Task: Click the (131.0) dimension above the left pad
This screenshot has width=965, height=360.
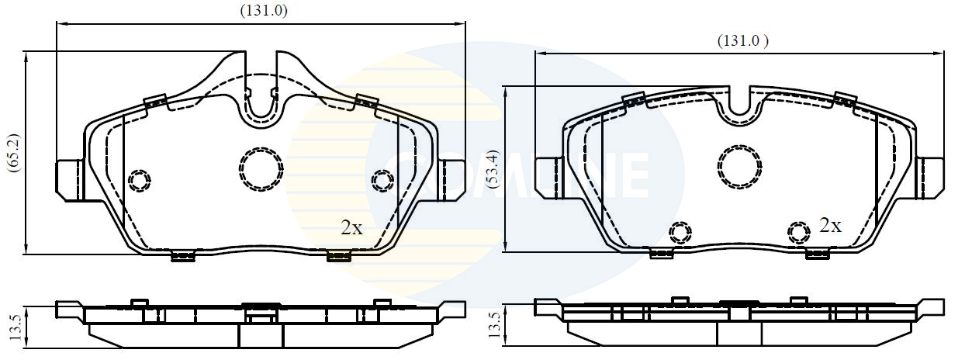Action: pyautogui.click(x=261, y=10)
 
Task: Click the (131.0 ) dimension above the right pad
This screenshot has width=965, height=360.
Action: pyautogui.click(x=742, y=41)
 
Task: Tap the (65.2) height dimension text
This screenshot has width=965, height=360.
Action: pyautogui.click(x=12, y=153)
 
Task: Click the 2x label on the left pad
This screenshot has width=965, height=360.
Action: pyautogui.click(x=351, y=227)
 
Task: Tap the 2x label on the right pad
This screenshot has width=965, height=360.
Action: pyautogui.click(x=830, y=226)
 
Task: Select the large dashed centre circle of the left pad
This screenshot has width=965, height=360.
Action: pyautogui.click(x=261, y=167)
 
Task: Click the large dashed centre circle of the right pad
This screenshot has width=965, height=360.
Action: pyautogui.click(x=739, y=164)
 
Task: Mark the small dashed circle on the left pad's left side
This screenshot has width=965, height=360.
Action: pyautogui.click(x=139, y=181)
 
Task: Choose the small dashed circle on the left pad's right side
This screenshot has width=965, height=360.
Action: pyautogui.click(x=382, y=181)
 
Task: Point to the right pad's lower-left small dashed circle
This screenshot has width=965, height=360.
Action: pyautogui.click(x=680, y=231)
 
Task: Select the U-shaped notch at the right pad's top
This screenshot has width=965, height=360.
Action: pyautogui.click(x=739, y=105)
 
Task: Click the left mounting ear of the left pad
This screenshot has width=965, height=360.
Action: pyautogui.click(x=70, y=178)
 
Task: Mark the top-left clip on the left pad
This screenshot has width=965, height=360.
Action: pyautogui.click(x=156, y=102)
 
